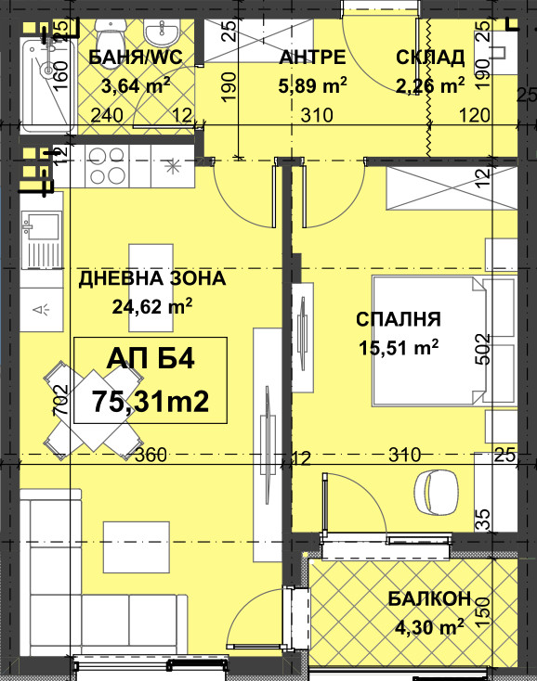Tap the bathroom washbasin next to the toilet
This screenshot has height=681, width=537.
(x=161, y=33)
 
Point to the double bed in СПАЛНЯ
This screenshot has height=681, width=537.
(x=428, y=340)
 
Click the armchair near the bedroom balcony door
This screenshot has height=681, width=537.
(x=437, y=493)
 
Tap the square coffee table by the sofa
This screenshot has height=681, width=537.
(x=136, y=547)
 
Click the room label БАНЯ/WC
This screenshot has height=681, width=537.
(x=136, y=58)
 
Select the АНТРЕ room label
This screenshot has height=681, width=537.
(x=312, y=58)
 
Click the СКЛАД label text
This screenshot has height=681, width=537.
(x=430, y=58)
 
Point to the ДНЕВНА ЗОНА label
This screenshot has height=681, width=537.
(x=152, y=278)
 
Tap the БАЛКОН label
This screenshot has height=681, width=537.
(x=429, y=598)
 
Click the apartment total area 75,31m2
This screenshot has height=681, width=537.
(x=151, y=402)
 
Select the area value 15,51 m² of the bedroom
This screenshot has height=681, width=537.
(x=399, y=347)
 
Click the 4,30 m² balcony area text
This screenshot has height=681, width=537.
(x=429, y=626)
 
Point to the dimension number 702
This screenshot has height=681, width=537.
(x=60, y=400)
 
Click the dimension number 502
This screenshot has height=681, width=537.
(x=482, y=349)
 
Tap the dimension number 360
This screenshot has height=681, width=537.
(x=151, y=455)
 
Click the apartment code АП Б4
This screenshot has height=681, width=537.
(x=151, y=359)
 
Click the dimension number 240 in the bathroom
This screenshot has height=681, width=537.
(x=107, y=115)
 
